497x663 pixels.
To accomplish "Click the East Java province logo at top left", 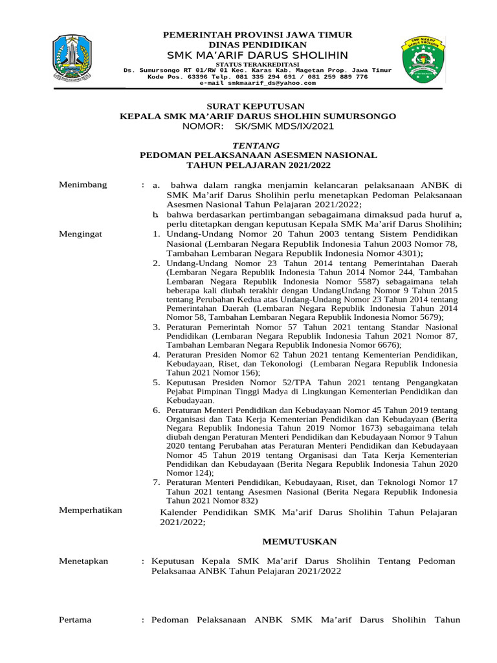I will click(78, 58).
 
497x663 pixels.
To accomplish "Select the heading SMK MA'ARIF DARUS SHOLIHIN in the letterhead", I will click(258, 54).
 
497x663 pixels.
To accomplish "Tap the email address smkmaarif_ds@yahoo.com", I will click(258, 83).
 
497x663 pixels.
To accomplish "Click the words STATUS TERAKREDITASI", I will click(257, 64).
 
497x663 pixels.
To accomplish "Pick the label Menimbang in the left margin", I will click(83, 185).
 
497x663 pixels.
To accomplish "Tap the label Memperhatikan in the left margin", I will click(91, 510).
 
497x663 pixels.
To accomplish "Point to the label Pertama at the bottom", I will click(75, 620).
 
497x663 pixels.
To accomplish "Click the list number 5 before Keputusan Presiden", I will click(157, 383).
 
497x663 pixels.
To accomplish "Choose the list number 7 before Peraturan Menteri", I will click(157, 482).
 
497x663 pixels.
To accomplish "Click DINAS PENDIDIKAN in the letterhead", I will click(258, 44).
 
